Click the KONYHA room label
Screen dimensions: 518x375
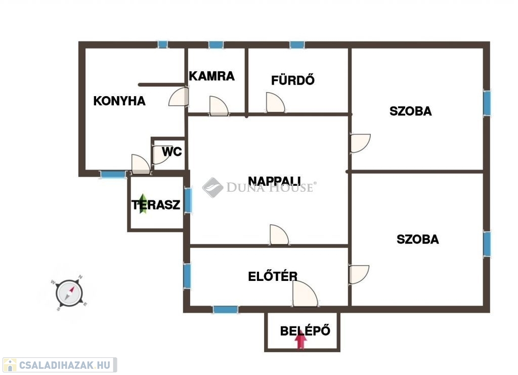119,101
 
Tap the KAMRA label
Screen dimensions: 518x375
211,76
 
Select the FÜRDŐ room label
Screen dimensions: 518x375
293,80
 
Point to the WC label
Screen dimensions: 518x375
172,152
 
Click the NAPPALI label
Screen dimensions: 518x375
274,181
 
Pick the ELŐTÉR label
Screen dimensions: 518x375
273,276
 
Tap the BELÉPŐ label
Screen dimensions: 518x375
305,331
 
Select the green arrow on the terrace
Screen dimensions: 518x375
143,203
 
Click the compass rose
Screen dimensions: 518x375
69,293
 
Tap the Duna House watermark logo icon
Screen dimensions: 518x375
213,187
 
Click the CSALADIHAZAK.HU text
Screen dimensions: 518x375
64,365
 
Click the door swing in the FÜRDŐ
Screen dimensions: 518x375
276,102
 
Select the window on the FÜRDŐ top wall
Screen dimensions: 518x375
297,45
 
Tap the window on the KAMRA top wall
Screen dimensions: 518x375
215,45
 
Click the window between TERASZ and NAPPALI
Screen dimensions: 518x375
188,200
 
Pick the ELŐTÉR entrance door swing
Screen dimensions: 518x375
305,294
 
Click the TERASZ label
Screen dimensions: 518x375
156,205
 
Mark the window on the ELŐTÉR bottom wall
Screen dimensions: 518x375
225,310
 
